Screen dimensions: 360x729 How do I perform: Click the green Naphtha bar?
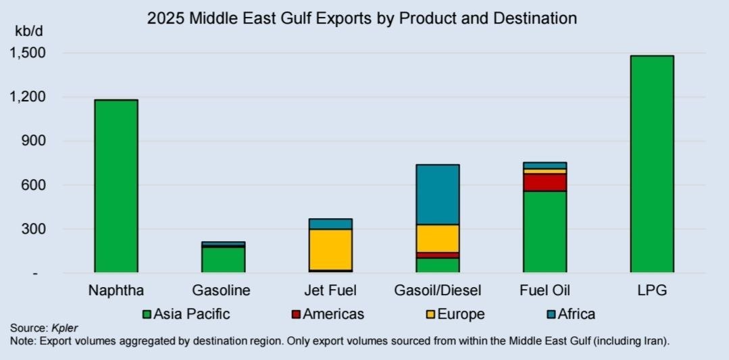116,186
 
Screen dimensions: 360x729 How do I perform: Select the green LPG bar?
652,164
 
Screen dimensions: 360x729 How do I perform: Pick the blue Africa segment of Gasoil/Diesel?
438,195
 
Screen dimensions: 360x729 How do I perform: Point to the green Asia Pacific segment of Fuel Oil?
545,232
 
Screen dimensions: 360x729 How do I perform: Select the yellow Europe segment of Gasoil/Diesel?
438,238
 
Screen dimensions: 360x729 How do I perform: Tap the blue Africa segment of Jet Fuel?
330,224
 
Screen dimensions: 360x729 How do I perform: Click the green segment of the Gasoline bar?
224,260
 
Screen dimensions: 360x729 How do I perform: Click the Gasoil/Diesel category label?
438,290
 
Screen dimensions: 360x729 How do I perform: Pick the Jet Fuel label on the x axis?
330,290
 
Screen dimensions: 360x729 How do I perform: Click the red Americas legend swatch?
295,314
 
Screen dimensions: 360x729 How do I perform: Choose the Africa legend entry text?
576,314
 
